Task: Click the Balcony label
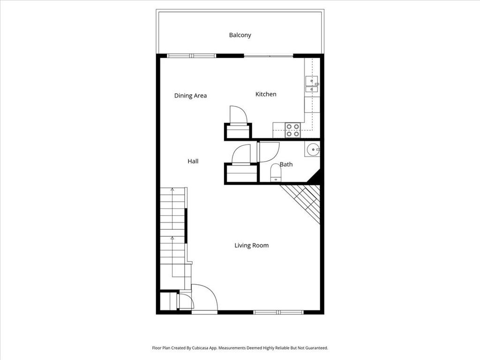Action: point(240,35)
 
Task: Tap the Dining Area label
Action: point(190,96)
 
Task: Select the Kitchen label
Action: point(266,94)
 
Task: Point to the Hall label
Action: point(193,161)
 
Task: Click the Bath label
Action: point(286,164)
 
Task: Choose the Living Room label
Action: point(252,245)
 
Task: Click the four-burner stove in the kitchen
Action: point(293,130)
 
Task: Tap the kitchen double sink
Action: point(312,84)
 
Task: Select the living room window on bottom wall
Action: point(278,312)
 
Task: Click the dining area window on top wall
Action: point(192,56)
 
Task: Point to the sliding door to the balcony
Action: point(269,56)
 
